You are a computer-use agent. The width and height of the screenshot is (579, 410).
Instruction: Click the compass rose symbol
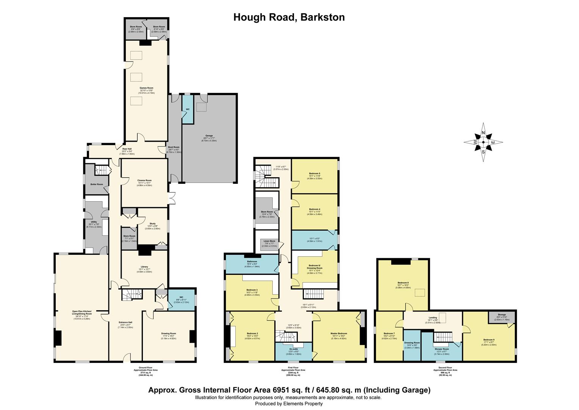click(483, 142)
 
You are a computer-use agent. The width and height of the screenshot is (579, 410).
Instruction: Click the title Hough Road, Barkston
click(289, 17)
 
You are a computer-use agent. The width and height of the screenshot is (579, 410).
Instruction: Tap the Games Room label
click(146, 88)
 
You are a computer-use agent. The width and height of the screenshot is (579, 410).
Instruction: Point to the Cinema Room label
click(144, 180)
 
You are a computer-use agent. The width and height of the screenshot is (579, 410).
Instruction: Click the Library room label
click(144, 267)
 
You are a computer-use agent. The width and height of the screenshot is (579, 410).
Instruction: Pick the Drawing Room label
click(168, 334)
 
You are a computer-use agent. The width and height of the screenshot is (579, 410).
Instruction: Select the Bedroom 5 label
click(315, 173)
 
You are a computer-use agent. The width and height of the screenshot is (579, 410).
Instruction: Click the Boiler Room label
click(97, 184)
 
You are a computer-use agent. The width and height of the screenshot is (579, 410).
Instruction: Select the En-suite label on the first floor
click(293, 349)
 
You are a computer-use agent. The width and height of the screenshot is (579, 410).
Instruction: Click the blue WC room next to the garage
click(187, 109)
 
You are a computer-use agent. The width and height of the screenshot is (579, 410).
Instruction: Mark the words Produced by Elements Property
click(289, 404)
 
